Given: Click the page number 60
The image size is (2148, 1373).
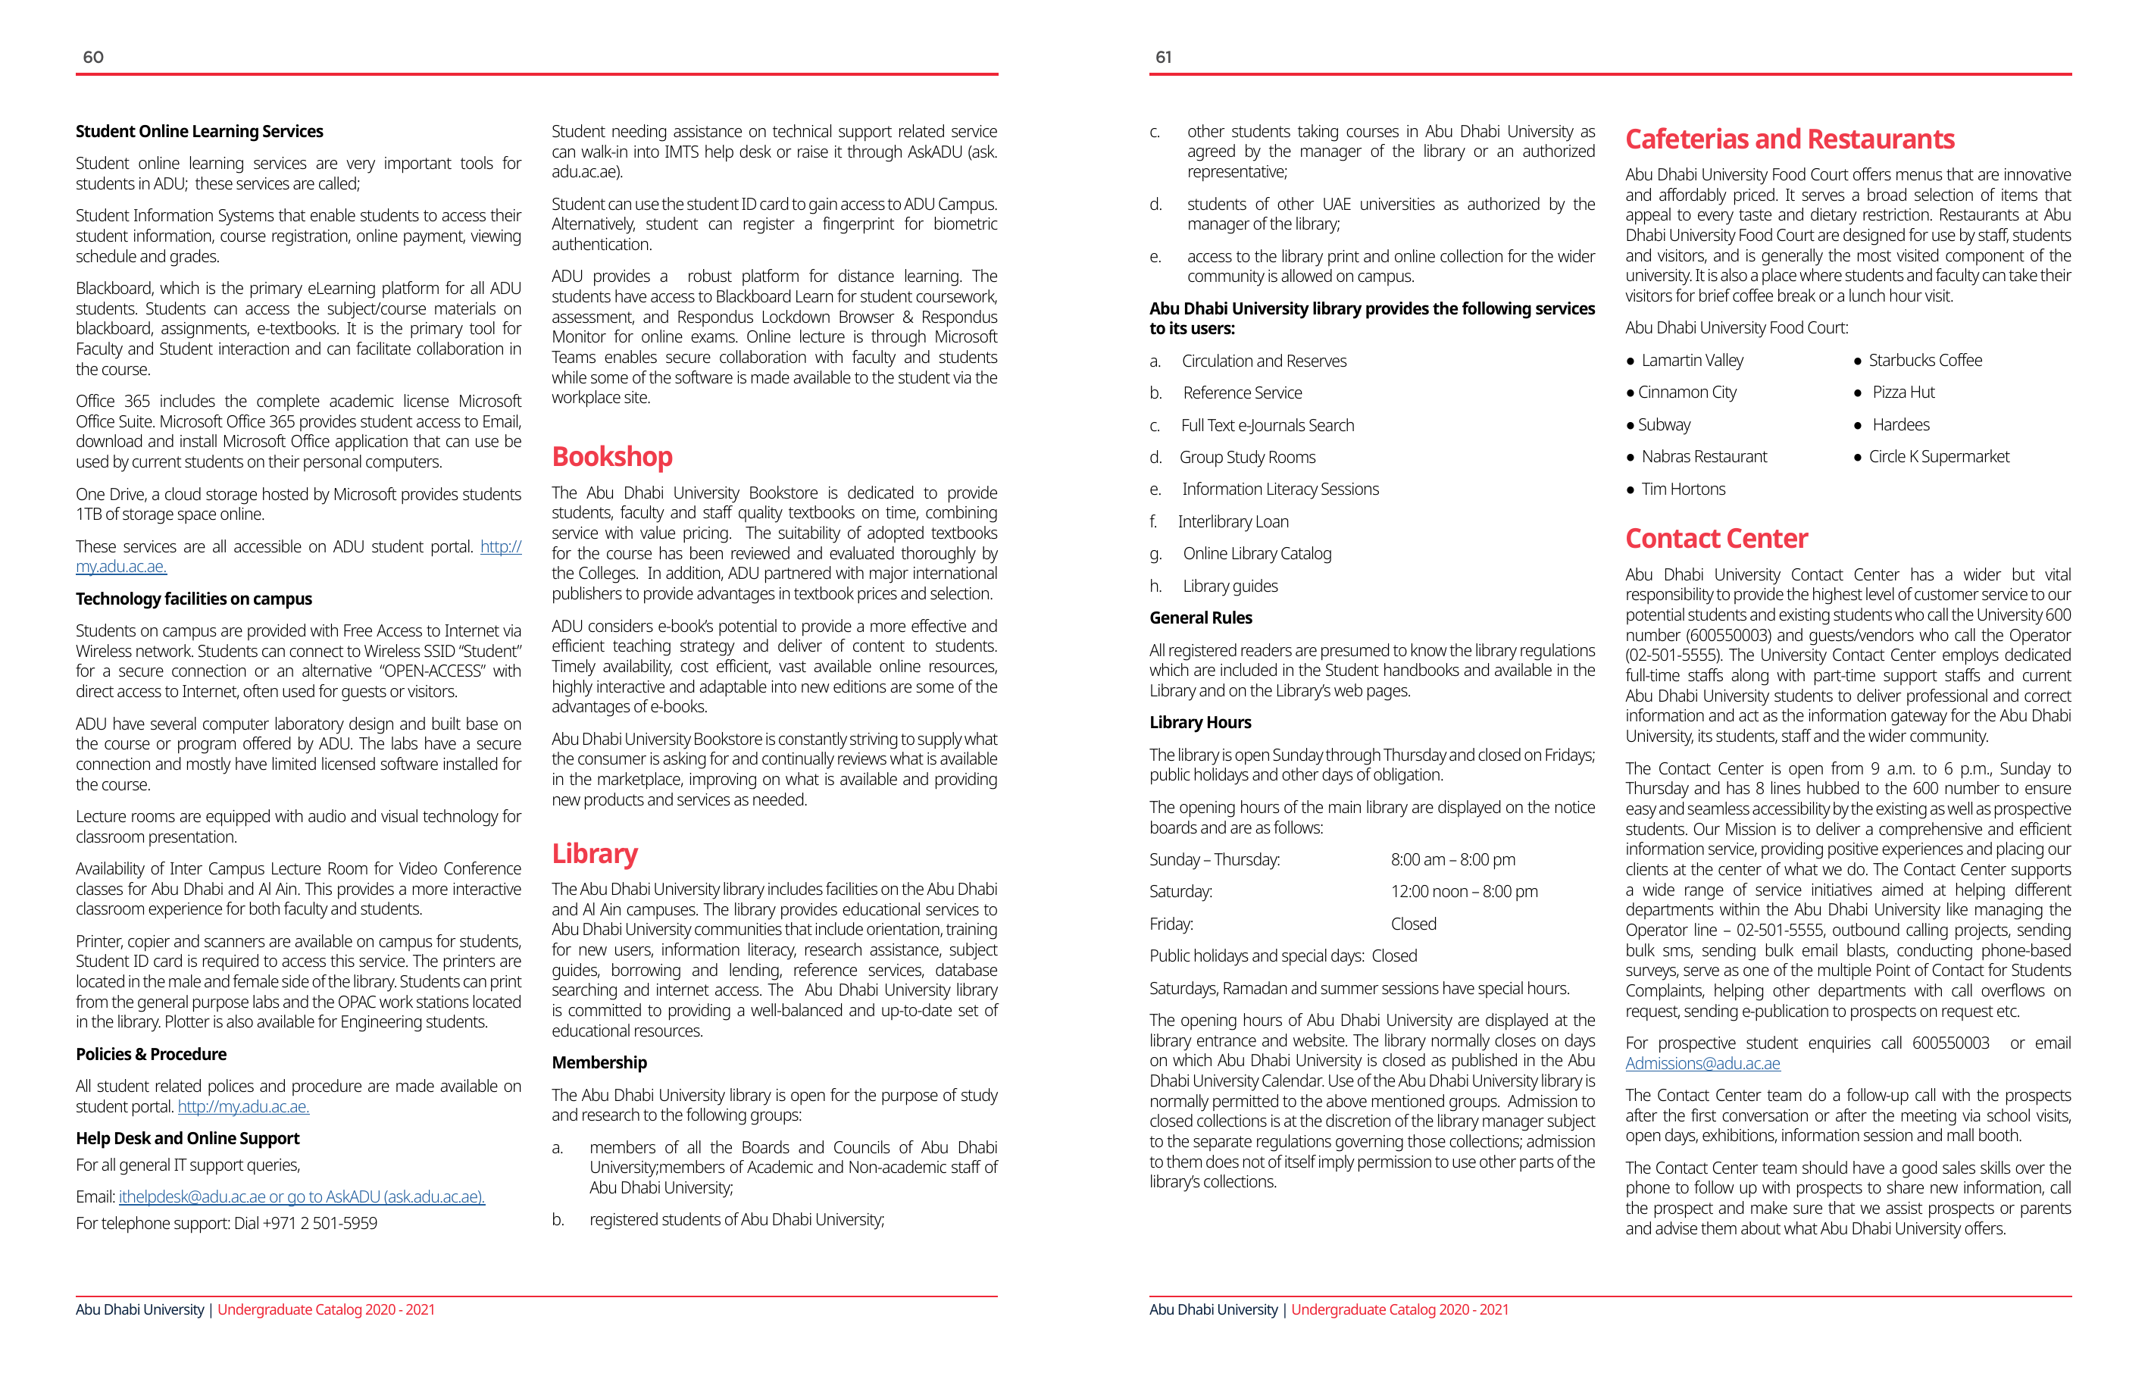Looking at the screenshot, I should pos(92,57).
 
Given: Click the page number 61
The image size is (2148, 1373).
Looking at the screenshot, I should pos(1163,57).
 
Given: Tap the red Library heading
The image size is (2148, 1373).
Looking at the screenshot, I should pos(594,854).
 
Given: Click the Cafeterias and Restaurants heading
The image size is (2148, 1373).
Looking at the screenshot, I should pos(1789,140).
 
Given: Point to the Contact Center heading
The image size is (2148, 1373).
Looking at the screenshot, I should pos(1715,539).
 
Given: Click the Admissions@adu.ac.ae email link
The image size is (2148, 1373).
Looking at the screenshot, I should pos(1702,1063).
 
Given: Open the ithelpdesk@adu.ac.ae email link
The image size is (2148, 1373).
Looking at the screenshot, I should pos(192,1197).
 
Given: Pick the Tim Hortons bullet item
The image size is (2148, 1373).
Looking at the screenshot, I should pos(1682,489).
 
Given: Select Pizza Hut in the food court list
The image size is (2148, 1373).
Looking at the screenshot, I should pos(1903,393).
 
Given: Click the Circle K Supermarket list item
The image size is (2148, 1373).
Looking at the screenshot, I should pos(1937,457).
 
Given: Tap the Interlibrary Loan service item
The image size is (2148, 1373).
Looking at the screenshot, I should pos(1232,522).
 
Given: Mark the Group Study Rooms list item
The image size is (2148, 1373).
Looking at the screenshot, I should pos(1246,458).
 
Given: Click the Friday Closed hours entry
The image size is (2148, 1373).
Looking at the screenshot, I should pos(1413,924).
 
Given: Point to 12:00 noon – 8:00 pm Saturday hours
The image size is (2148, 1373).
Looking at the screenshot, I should pos(1463,892).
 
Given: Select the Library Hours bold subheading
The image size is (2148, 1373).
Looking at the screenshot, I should pos(1200,723).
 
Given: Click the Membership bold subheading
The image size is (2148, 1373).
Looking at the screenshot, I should pos(599,1062).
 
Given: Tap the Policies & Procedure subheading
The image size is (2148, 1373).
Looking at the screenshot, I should pos(151,1055).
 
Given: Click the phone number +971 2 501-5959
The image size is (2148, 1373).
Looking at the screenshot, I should pos(319,1224).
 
